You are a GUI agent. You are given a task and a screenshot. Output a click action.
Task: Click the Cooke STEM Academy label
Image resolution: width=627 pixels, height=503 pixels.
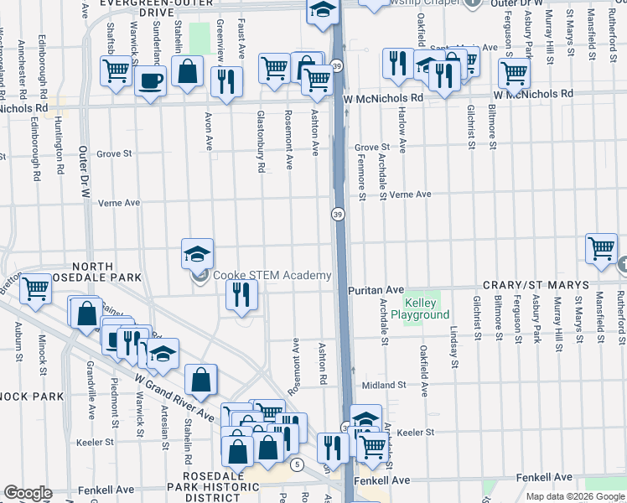(x=272, y=275)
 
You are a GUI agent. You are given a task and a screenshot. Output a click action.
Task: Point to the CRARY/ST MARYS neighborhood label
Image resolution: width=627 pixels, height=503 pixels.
(x=534, y=286)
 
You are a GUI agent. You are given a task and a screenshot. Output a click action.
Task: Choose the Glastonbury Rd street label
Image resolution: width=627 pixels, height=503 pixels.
(x=262, y=142)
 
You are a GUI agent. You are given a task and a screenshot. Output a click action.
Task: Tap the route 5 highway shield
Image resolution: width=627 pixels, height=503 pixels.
(x=297, y=464)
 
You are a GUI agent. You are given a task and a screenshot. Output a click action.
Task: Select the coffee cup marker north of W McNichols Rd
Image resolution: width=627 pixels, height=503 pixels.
(x=151, y=81)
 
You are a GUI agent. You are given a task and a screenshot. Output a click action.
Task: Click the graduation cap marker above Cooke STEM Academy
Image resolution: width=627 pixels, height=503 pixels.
(x=197, y=253)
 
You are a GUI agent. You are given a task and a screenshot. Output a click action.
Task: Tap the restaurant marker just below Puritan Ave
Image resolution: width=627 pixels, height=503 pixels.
(x=241, y=294)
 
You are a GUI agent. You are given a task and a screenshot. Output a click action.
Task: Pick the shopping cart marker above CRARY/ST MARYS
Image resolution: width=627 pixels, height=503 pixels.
(x=601, y=248)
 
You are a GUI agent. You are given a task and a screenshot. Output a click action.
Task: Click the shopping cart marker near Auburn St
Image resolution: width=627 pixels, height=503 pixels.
(x=35, y=289)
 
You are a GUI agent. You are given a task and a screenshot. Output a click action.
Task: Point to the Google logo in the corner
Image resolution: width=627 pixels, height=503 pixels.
(x=28, y=493)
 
